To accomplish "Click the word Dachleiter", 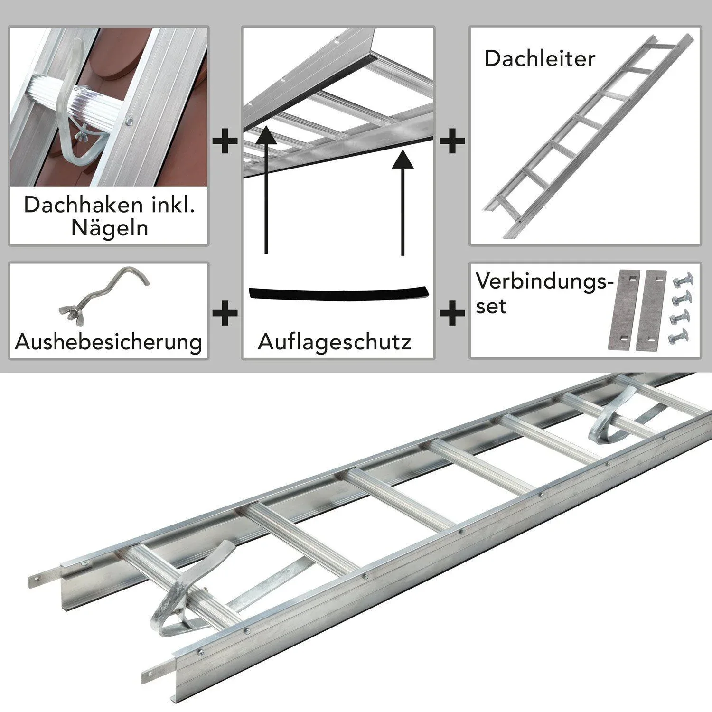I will (540, 59).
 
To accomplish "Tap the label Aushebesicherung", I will (109, 342).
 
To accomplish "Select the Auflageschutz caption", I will (335, 342).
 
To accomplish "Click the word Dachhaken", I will (76, 205).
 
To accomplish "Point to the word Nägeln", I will (110, 228).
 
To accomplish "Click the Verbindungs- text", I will (541, 281).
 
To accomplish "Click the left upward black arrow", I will (266, 190).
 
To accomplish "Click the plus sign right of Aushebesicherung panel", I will (225, 313).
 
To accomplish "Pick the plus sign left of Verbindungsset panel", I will (452, 313).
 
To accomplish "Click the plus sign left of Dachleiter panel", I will (452, 141).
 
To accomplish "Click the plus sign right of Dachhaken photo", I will (225, 141).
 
